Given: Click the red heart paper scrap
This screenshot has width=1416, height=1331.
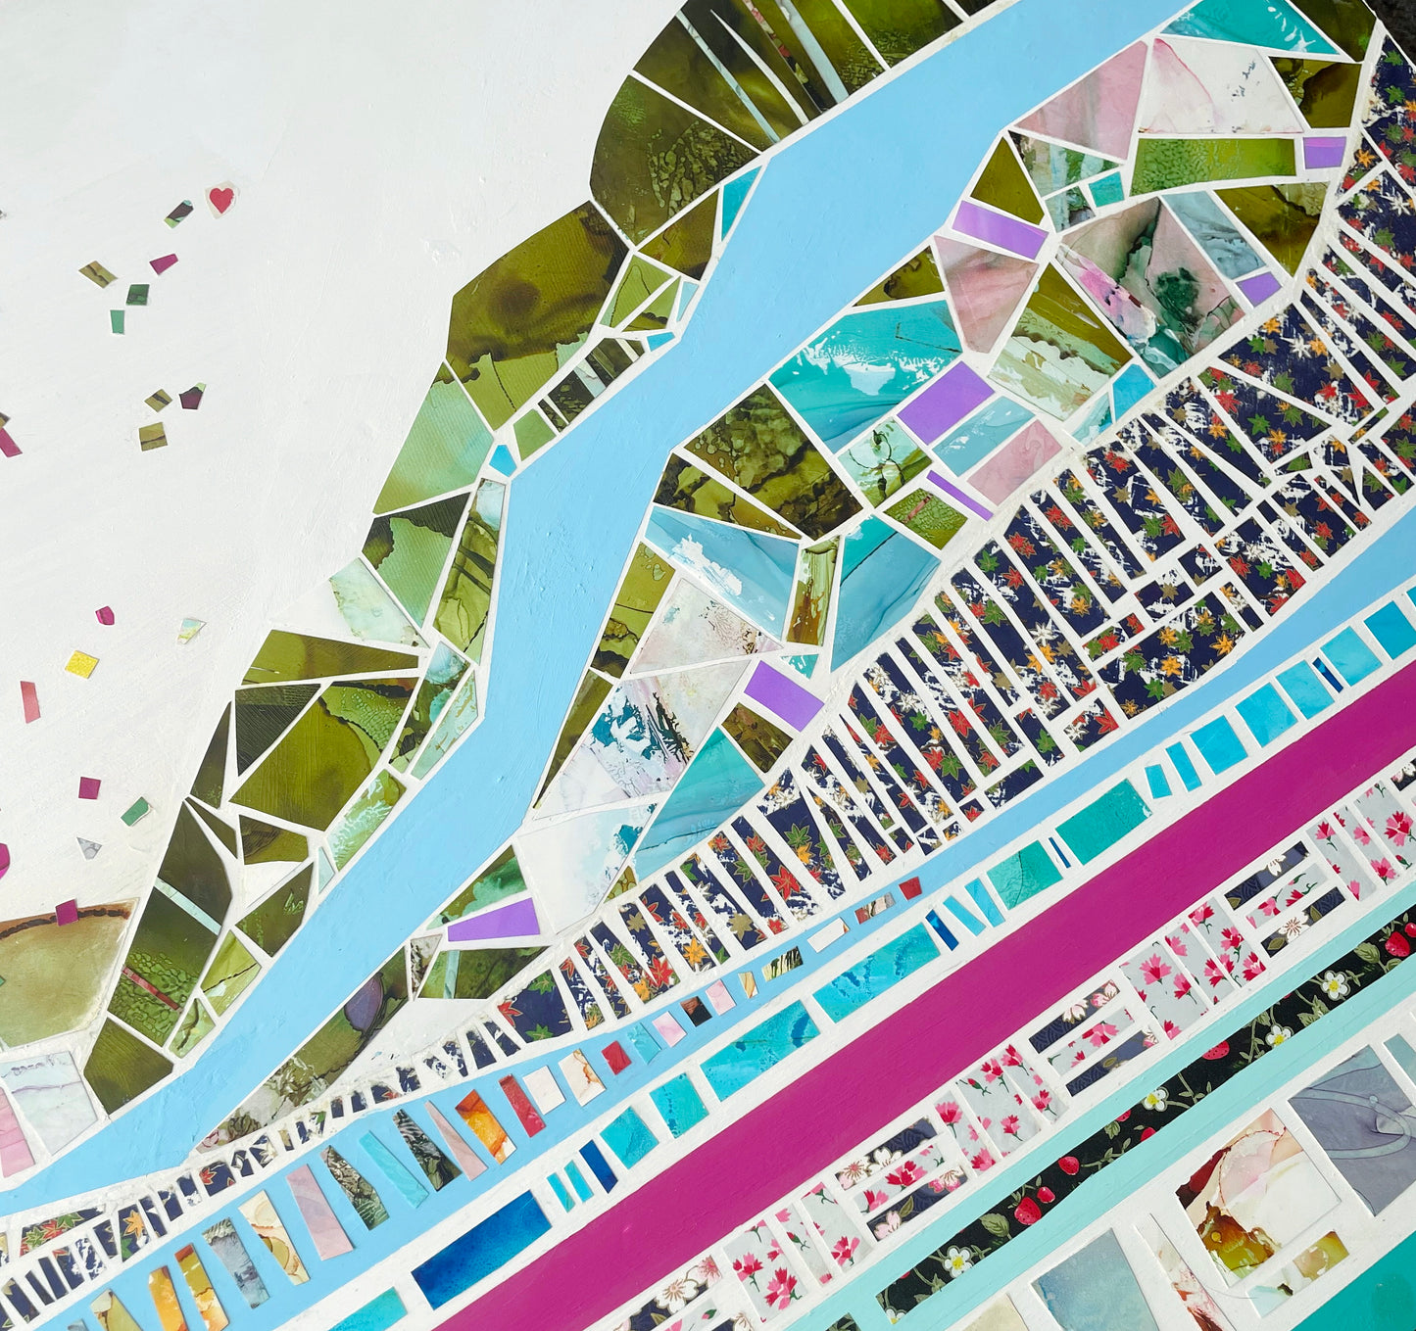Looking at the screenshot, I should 221,199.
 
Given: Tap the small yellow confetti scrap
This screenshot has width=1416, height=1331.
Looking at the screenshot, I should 81,664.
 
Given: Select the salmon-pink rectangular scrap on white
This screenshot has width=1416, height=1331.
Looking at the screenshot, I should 29,701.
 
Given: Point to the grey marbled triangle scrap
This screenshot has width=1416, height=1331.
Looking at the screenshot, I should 89,847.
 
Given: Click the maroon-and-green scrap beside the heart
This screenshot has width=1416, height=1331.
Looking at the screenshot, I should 178,213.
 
